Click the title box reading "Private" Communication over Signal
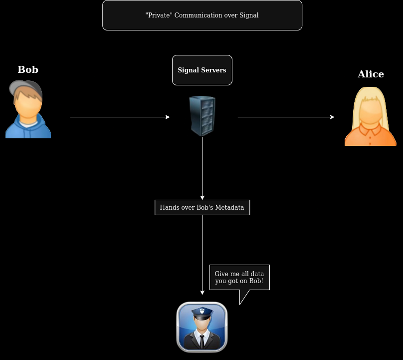point(202,15)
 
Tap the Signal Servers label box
point(202,70)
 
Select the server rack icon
point(202,116)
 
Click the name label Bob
point(28,69)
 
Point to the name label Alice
point(371,74)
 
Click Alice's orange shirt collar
point(371,131)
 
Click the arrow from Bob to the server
point(120,117)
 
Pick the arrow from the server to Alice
point(286,117)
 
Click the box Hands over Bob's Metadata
point(202,207)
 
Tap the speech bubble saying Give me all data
point(239,278)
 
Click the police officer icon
point(202,327)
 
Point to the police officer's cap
point(202,313)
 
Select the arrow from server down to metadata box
point(202,168)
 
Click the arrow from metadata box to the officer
point(202,255)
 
